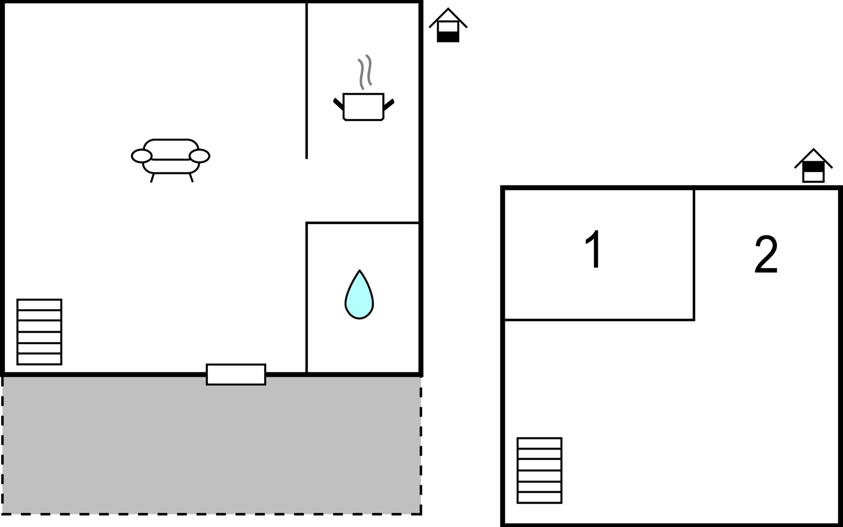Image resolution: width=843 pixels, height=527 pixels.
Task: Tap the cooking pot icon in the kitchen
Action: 363,106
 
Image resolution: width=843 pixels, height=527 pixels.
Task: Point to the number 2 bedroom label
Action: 766,254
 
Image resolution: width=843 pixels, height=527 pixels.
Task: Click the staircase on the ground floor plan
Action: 39,332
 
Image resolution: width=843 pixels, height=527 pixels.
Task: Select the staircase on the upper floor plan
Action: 539,470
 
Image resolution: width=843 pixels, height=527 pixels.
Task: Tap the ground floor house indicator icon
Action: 448,26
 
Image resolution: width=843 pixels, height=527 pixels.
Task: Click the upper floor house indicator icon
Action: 813,166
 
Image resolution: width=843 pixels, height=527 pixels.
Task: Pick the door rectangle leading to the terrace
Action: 236,375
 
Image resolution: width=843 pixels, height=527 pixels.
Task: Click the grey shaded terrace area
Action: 211,448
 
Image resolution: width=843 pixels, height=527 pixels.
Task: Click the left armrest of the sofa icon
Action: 141,156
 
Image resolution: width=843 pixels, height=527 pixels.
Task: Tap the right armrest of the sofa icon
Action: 199,156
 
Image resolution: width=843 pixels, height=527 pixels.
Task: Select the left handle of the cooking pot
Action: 338,104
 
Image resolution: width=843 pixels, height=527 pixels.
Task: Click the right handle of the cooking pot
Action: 389,104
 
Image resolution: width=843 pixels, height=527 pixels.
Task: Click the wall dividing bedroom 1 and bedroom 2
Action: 694,255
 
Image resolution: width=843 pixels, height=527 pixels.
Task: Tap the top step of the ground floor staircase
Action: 39,305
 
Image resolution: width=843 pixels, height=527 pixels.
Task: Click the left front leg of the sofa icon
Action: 152,178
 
